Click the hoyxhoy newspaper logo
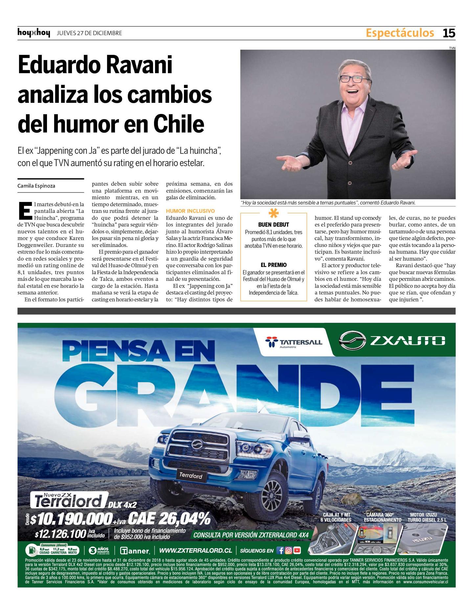point(34,33)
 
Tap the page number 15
point(449,33)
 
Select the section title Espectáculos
point(400,33)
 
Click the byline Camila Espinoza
point(36,186)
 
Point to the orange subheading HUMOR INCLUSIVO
point(190,211)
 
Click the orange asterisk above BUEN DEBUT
point(274,213)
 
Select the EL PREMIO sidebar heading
point(274,265)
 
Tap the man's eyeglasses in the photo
point(354,79)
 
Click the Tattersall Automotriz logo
point(294,342)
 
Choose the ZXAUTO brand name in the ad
point(408,341)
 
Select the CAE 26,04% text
point(169,519)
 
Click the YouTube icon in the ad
point(297,550)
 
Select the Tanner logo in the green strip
point(135,551)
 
